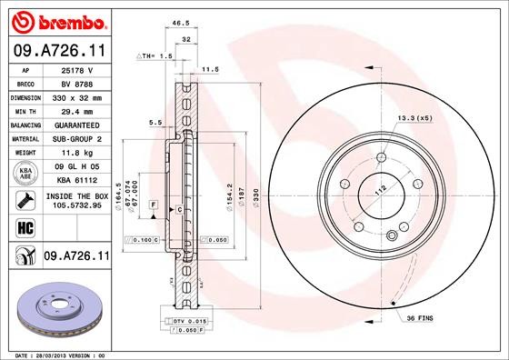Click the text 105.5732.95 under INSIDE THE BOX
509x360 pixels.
click(76, 205)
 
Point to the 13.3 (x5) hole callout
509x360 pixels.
click(414, 118)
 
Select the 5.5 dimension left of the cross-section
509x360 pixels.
click(155, 122)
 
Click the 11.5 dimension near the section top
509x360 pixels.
click(211, 68)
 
